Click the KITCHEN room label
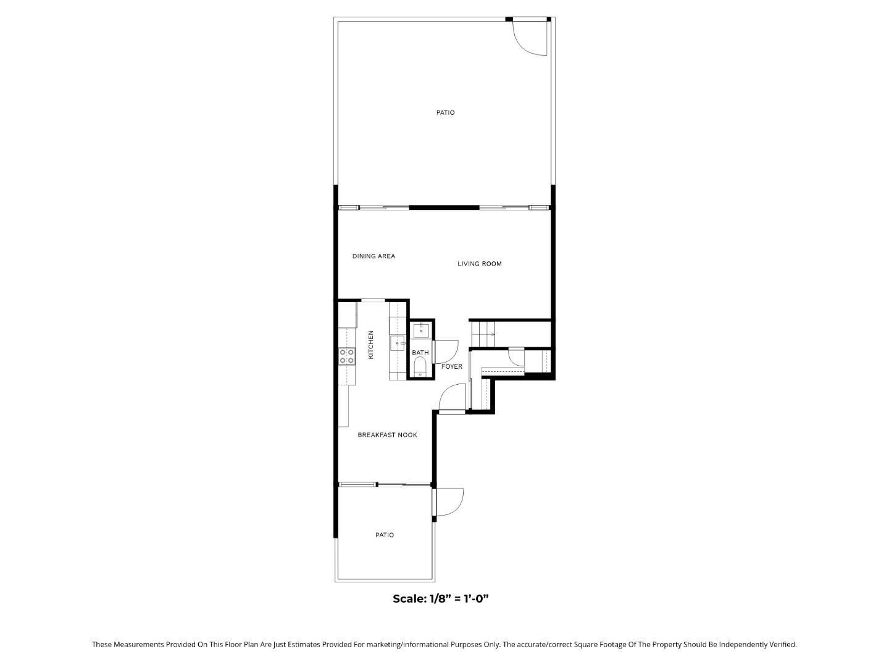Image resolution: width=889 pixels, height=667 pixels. [371, 345]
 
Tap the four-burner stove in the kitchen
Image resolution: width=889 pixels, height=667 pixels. [346, 356]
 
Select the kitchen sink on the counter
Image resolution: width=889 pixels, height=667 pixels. [396, 343]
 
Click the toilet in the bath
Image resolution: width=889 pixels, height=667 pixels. [420, 369]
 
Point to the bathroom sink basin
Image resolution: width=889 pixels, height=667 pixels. [421, 330]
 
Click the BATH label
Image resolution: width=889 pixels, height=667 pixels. [420, 353]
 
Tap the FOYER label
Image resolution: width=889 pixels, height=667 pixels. [451, 366]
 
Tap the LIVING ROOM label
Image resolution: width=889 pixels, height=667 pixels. [479, 264]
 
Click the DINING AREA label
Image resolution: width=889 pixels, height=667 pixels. [374, 256]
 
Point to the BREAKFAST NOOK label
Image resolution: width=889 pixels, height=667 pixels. [387, 435]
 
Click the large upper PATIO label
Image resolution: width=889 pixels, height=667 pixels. [445, 112]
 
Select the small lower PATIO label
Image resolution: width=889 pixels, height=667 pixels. [385, 535]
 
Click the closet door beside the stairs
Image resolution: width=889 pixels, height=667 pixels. [515, 356]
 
